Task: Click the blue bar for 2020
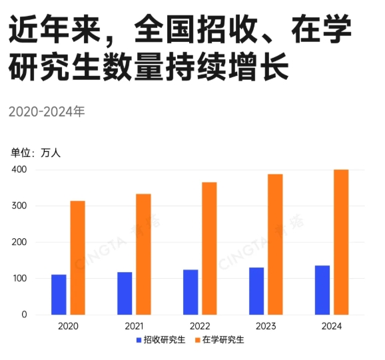pos(59,294)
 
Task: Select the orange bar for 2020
pos(77,258)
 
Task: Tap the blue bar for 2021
pos(125,293)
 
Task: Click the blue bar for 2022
pos(191,291)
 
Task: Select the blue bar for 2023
pos(256,291)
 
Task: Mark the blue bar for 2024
pos(322,289)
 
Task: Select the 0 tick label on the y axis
pos(23,314)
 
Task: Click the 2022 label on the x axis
pos(200,326)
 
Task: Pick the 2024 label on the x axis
pos(332,326)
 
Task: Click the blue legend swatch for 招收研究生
pos(138,340)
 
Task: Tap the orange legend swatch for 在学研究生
pos(197,340)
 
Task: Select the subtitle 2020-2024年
pos(47,111)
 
